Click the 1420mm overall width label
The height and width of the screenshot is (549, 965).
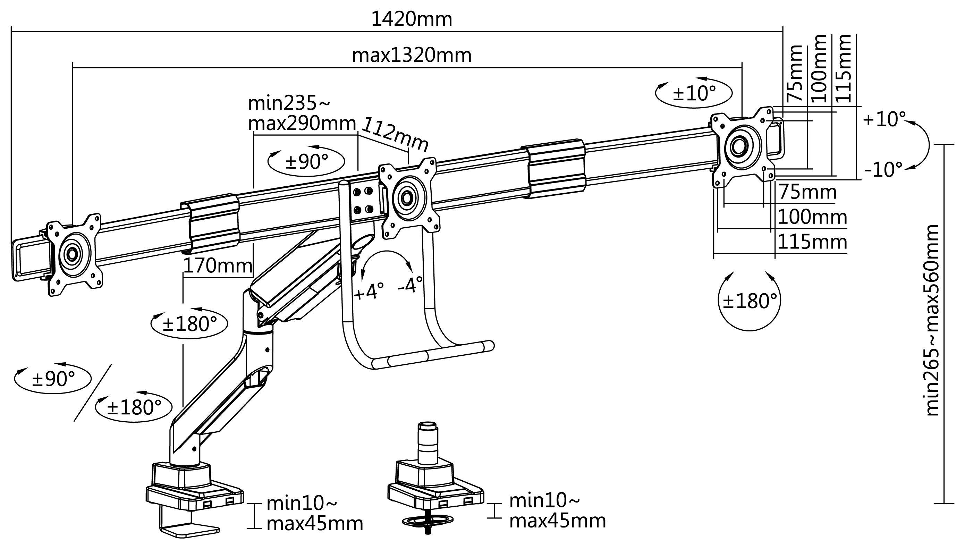(x=412, y=19)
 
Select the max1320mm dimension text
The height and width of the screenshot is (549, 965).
(x=412, y=56)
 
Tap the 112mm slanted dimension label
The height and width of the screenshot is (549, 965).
(x=395, y=134)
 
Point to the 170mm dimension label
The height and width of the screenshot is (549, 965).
(x=218, y=266)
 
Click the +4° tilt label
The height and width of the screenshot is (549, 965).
(x=369, y=291)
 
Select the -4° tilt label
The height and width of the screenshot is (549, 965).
(x=410, y=285)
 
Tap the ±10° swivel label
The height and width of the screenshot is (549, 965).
(x=694, y=93)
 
